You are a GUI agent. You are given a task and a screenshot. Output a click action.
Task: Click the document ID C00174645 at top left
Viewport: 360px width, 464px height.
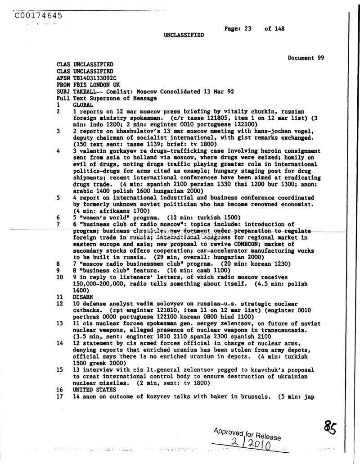(x=38, y=16)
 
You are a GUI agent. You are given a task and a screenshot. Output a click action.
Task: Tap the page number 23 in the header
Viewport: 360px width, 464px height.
(x=247, y=28)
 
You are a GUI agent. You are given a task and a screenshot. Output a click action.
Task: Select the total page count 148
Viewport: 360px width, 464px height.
(x=279, y=28)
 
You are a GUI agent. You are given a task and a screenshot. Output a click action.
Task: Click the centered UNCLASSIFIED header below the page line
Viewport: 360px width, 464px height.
(x=184, y=35)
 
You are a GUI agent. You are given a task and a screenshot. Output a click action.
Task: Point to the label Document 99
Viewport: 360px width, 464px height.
(x=306, y=58)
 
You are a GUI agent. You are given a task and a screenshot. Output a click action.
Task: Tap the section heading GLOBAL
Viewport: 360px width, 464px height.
(x=83, y=105)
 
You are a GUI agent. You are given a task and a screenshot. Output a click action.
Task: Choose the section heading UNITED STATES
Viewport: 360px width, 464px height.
(x=94, y=390)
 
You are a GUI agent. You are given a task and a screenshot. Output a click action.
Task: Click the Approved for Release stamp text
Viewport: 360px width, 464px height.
(x=247, y=434)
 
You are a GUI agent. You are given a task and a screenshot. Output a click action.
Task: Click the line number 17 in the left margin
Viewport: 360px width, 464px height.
(x=59, y=396)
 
